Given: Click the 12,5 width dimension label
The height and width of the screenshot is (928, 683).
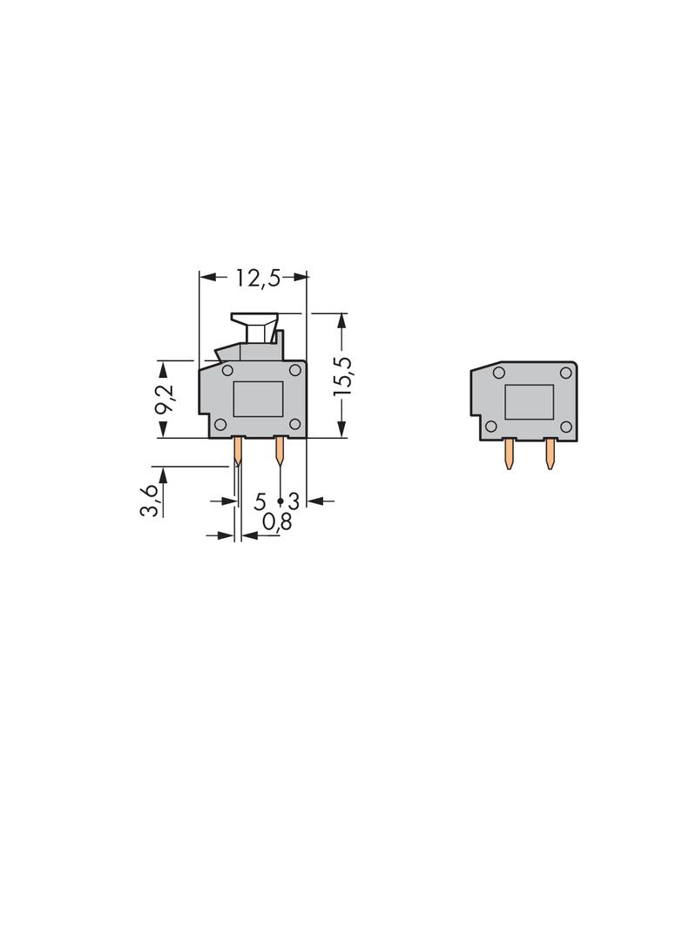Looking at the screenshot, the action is pos(258,278).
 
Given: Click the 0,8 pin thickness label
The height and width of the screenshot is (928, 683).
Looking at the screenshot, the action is pos(277,521).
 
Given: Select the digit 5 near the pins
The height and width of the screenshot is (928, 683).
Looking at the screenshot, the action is pos(260,502).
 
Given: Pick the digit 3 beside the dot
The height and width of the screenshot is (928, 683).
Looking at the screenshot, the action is pos(294,502).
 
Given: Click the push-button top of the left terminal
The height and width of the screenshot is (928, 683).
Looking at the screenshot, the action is pos(254,319).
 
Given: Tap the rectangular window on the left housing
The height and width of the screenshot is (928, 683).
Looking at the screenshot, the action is pos(258,399).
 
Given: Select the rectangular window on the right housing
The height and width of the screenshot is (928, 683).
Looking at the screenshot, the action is pos(529,402).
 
